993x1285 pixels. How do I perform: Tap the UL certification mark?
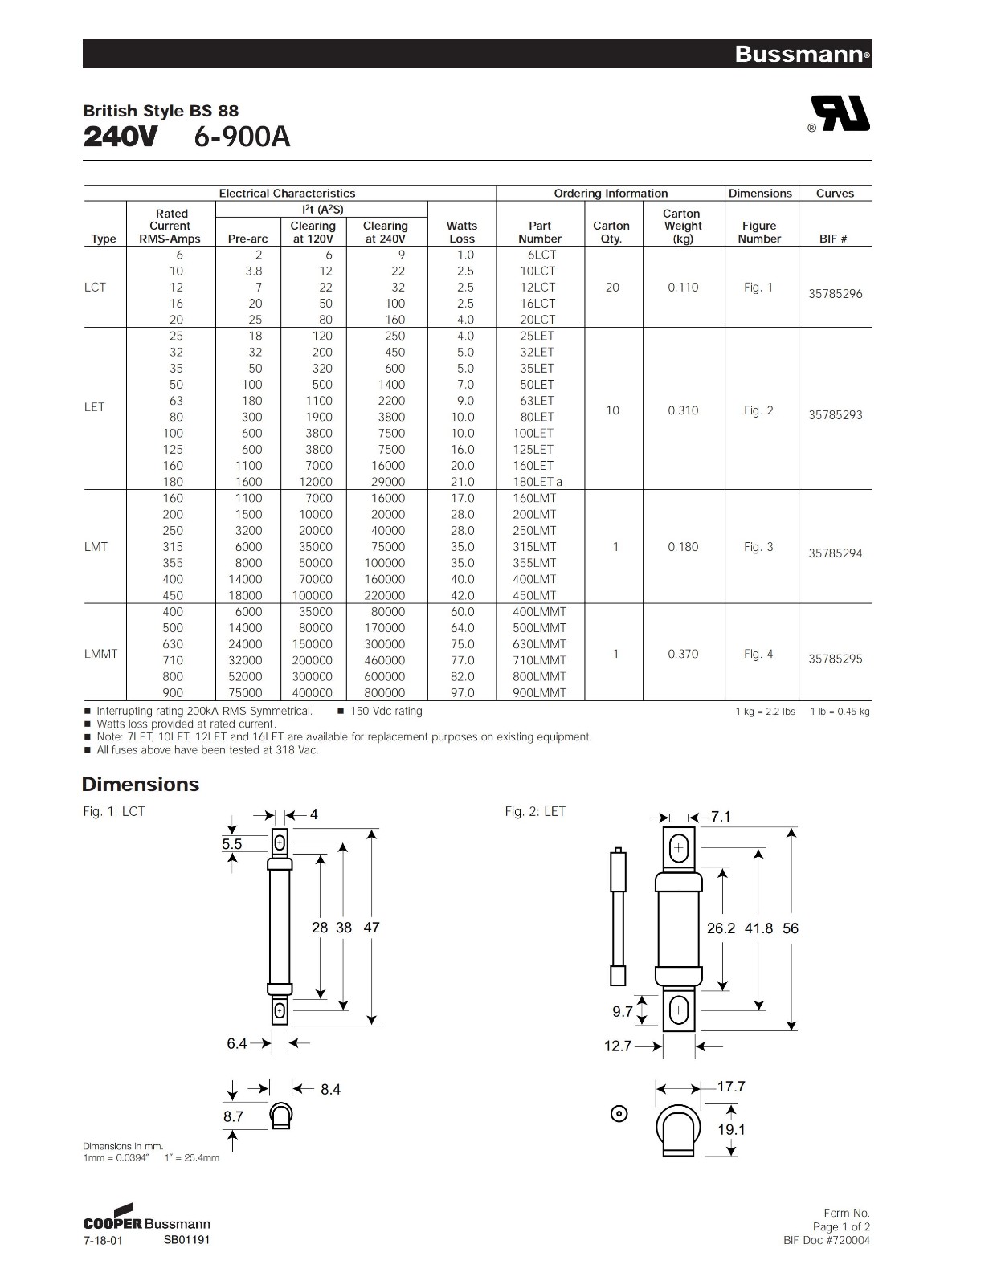coord(840,113)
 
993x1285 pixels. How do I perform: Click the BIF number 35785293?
coord(836,415)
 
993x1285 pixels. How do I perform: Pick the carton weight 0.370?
coord(683,654)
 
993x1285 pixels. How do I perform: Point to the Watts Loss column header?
coord(462,232)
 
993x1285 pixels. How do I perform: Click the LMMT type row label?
coord(100,654)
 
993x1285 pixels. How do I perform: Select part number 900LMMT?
coord(539,692)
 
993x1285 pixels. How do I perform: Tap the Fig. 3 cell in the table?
coord(758,547)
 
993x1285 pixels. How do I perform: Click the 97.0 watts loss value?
coord(463,692)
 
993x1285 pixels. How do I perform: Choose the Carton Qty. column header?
coord(611,232)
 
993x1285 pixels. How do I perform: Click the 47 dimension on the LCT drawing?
coord(371,927)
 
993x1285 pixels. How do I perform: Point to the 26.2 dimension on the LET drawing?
coord(721,928)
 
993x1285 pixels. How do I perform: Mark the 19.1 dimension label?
coord(731,1129)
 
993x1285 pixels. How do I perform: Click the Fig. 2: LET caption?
coord(535,811)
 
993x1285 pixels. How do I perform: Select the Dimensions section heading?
coord(141,785)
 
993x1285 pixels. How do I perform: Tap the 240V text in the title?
coord(121,137)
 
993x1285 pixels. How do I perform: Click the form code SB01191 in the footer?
coord(187,1239)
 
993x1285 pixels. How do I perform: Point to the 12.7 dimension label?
coord(618,1046)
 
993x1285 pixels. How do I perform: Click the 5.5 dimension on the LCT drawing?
coord(232,844)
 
